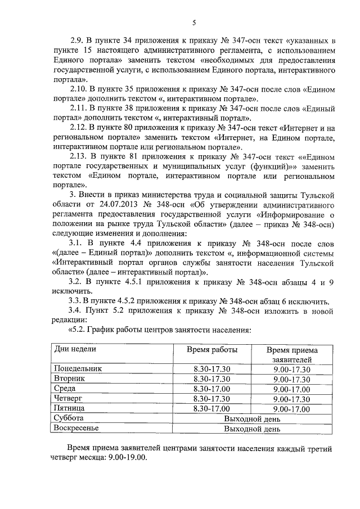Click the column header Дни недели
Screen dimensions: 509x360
coord(75,349)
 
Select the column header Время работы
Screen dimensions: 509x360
coord(212,349)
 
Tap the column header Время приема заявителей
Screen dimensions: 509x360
coord(291,354)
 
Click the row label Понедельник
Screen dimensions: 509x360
coord(79,369)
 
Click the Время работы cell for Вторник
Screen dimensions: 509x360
coord(212,379)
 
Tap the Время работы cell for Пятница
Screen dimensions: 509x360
coord(212,408)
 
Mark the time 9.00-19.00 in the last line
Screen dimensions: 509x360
coord(127,458)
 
